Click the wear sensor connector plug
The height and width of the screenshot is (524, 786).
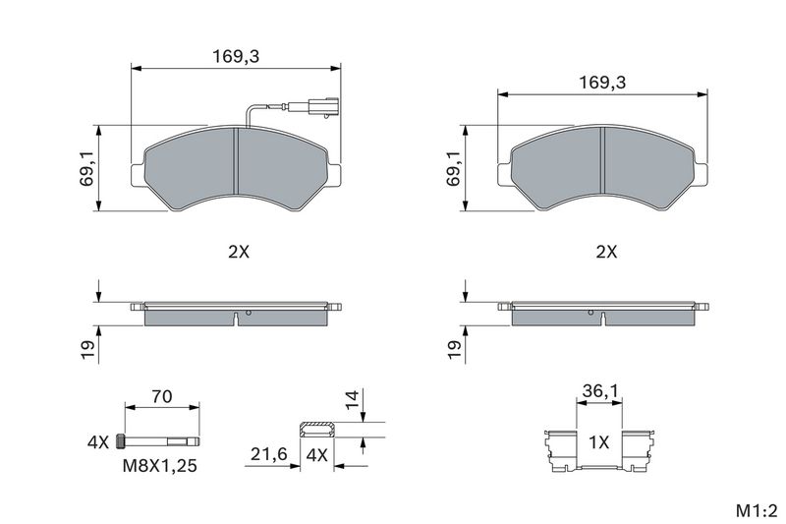[324, 106]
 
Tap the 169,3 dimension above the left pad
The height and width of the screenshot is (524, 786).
[236, 56]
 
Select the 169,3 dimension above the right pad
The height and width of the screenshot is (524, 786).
[602, 82]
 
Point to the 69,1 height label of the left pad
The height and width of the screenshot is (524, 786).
[87, 168]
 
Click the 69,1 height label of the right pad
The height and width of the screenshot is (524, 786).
[454, 168]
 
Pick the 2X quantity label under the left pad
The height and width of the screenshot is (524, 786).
[239, 252]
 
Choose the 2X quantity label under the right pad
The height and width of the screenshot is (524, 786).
[606, 252]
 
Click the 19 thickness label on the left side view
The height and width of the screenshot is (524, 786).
[87, 350]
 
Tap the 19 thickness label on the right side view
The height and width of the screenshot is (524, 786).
[454, 350]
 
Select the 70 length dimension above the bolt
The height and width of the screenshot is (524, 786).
[162, 396]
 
